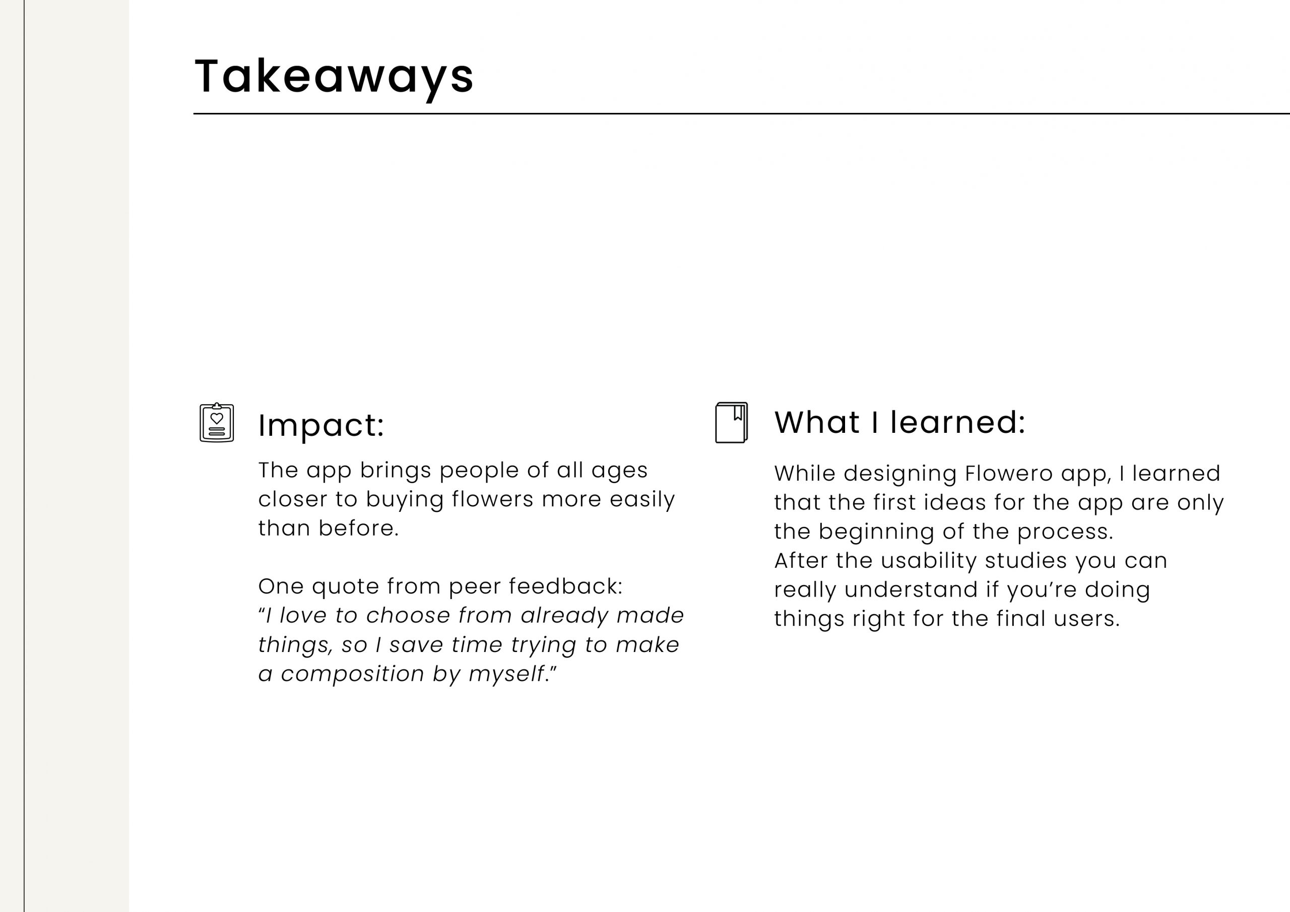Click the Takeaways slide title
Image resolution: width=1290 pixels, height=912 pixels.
tap(334, 78)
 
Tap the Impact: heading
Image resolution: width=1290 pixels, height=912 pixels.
tap(321, 425)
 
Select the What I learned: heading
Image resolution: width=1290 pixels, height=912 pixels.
tap(899, 422)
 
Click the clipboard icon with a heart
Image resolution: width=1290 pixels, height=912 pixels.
tap(217, 423)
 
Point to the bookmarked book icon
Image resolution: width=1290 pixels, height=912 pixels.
tap(732, 423)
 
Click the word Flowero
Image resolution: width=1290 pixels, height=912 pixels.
tap(1008, 473)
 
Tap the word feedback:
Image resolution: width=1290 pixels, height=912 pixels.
tap(566, 586)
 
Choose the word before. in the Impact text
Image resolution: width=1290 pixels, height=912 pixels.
tap(358, 528)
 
